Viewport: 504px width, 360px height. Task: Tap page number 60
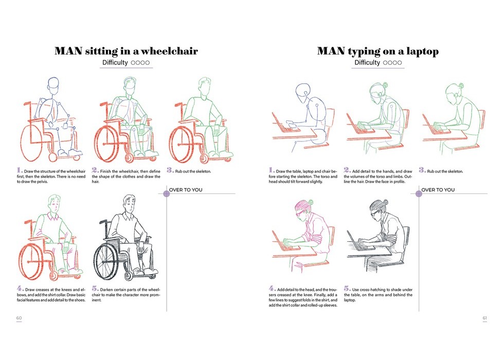19,318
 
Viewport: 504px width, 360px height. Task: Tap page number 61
484,318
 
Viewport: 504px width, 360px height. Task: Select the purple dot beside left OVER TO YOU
167,193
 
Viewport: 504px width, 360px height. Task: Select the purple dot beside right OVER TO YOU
419,193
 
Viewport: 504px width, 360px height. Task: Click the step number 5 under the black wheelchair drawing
95,289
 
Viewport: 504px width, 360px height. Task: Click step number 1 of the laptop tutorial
272,170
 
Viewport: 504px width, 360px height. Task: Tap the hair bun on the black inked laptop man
385,202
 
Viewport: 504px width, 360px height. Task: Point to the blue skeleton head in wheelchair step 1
53,86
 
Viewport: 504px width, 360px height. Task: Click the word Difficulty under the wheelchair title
115,63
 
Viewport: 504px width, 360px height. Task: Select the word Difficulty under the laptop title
367,63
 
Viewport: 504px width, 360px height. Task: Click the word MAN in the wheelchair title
68,51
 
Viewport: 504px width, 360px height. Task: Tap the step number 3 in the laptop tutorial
422,170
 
